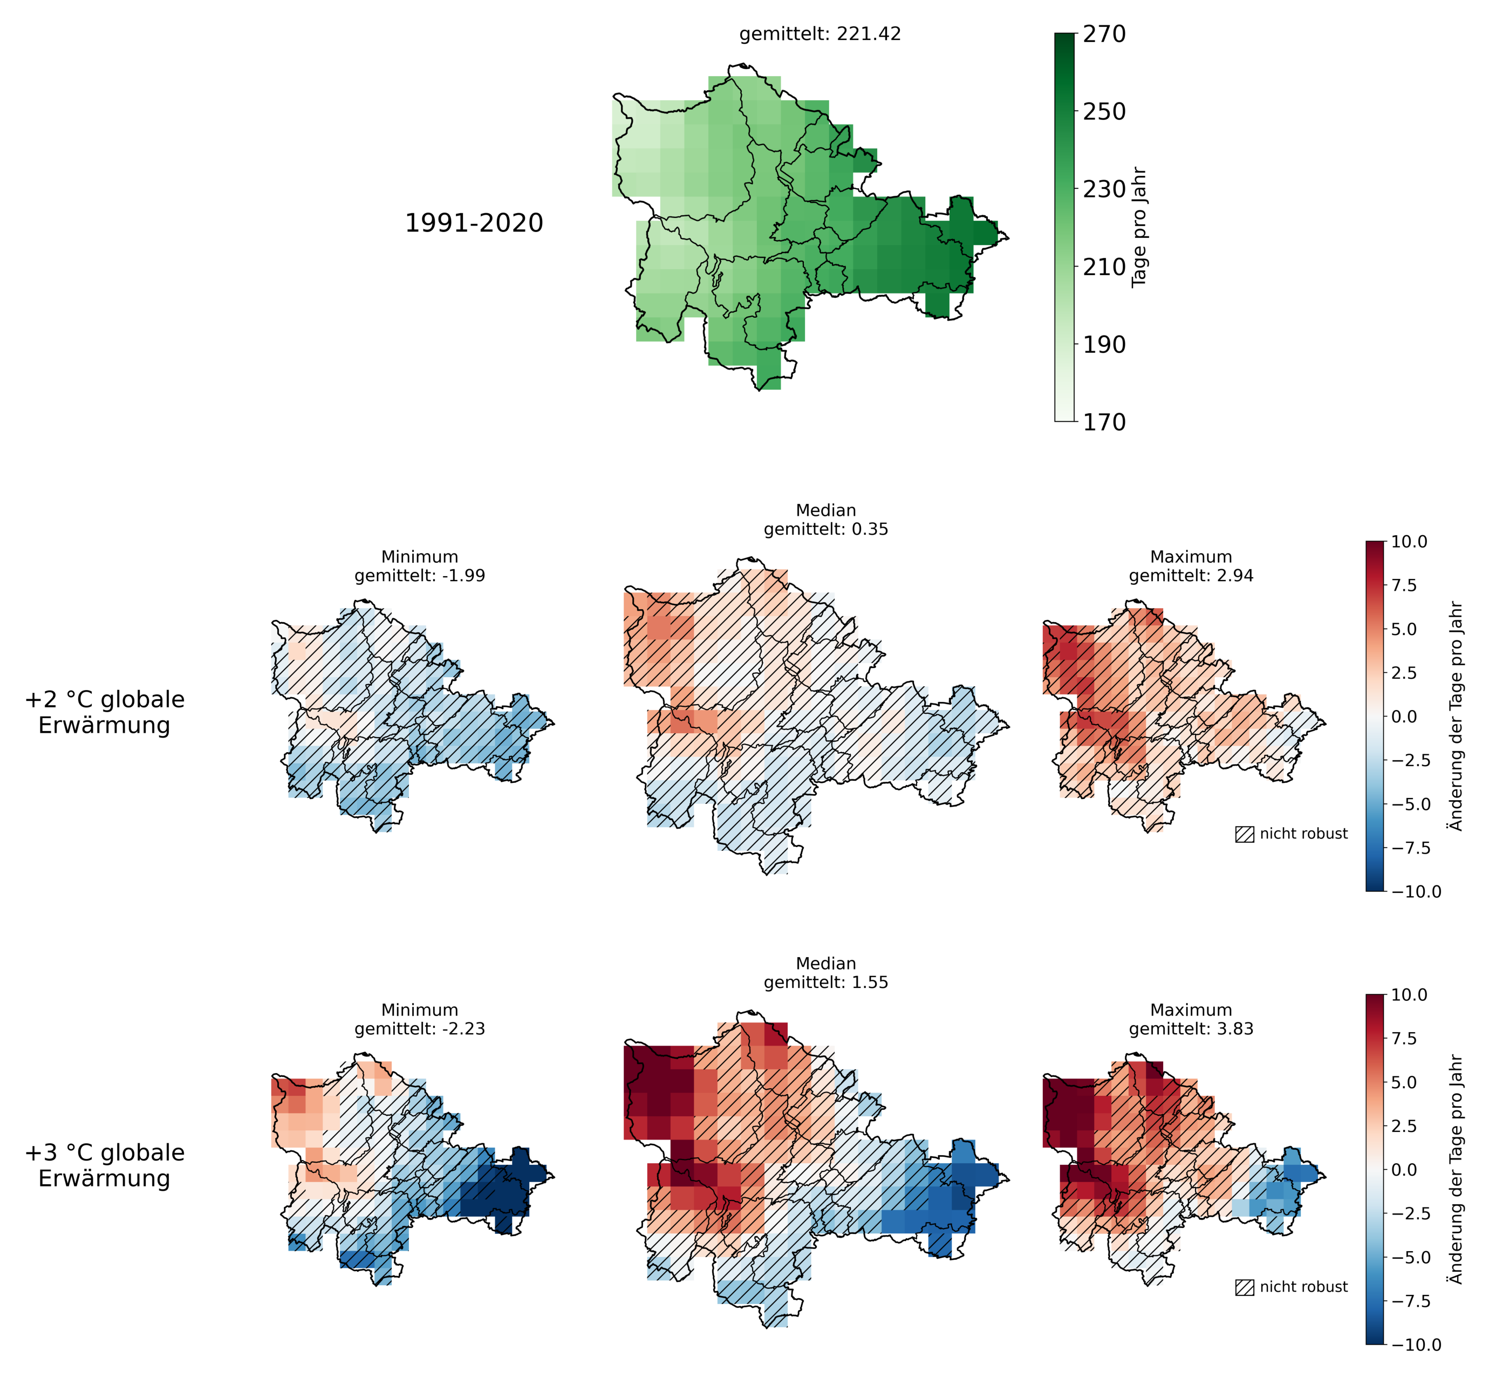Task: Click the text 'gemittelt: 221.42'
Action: click(x=819, y=35)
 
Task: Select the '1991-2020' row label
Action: click(x=474, y=223)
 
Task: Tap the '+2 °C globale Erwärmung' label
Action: click(x=104, y=712)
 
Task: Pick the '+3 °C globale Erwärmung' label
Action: click(x=104, y=1165)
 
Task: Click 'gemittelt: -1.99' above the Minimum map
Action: click(x=420, y=576)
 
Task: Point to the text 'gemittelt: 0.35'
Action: click(x=825, y=529)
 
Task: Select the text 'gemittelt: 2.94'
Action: click(x=1191, y=576)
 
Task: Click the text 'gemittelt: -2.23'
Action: click(x=420, y=1029)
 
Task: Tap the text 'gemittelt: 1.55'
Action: click(x=825, y=983)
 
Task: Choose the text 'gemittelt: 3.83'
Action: click(x=1191, y=1029)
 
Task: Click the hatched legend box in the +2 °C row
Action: click(x=1245, y=834)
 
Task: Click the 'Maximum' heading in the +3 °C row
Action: click(x=1191, y=1011)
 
